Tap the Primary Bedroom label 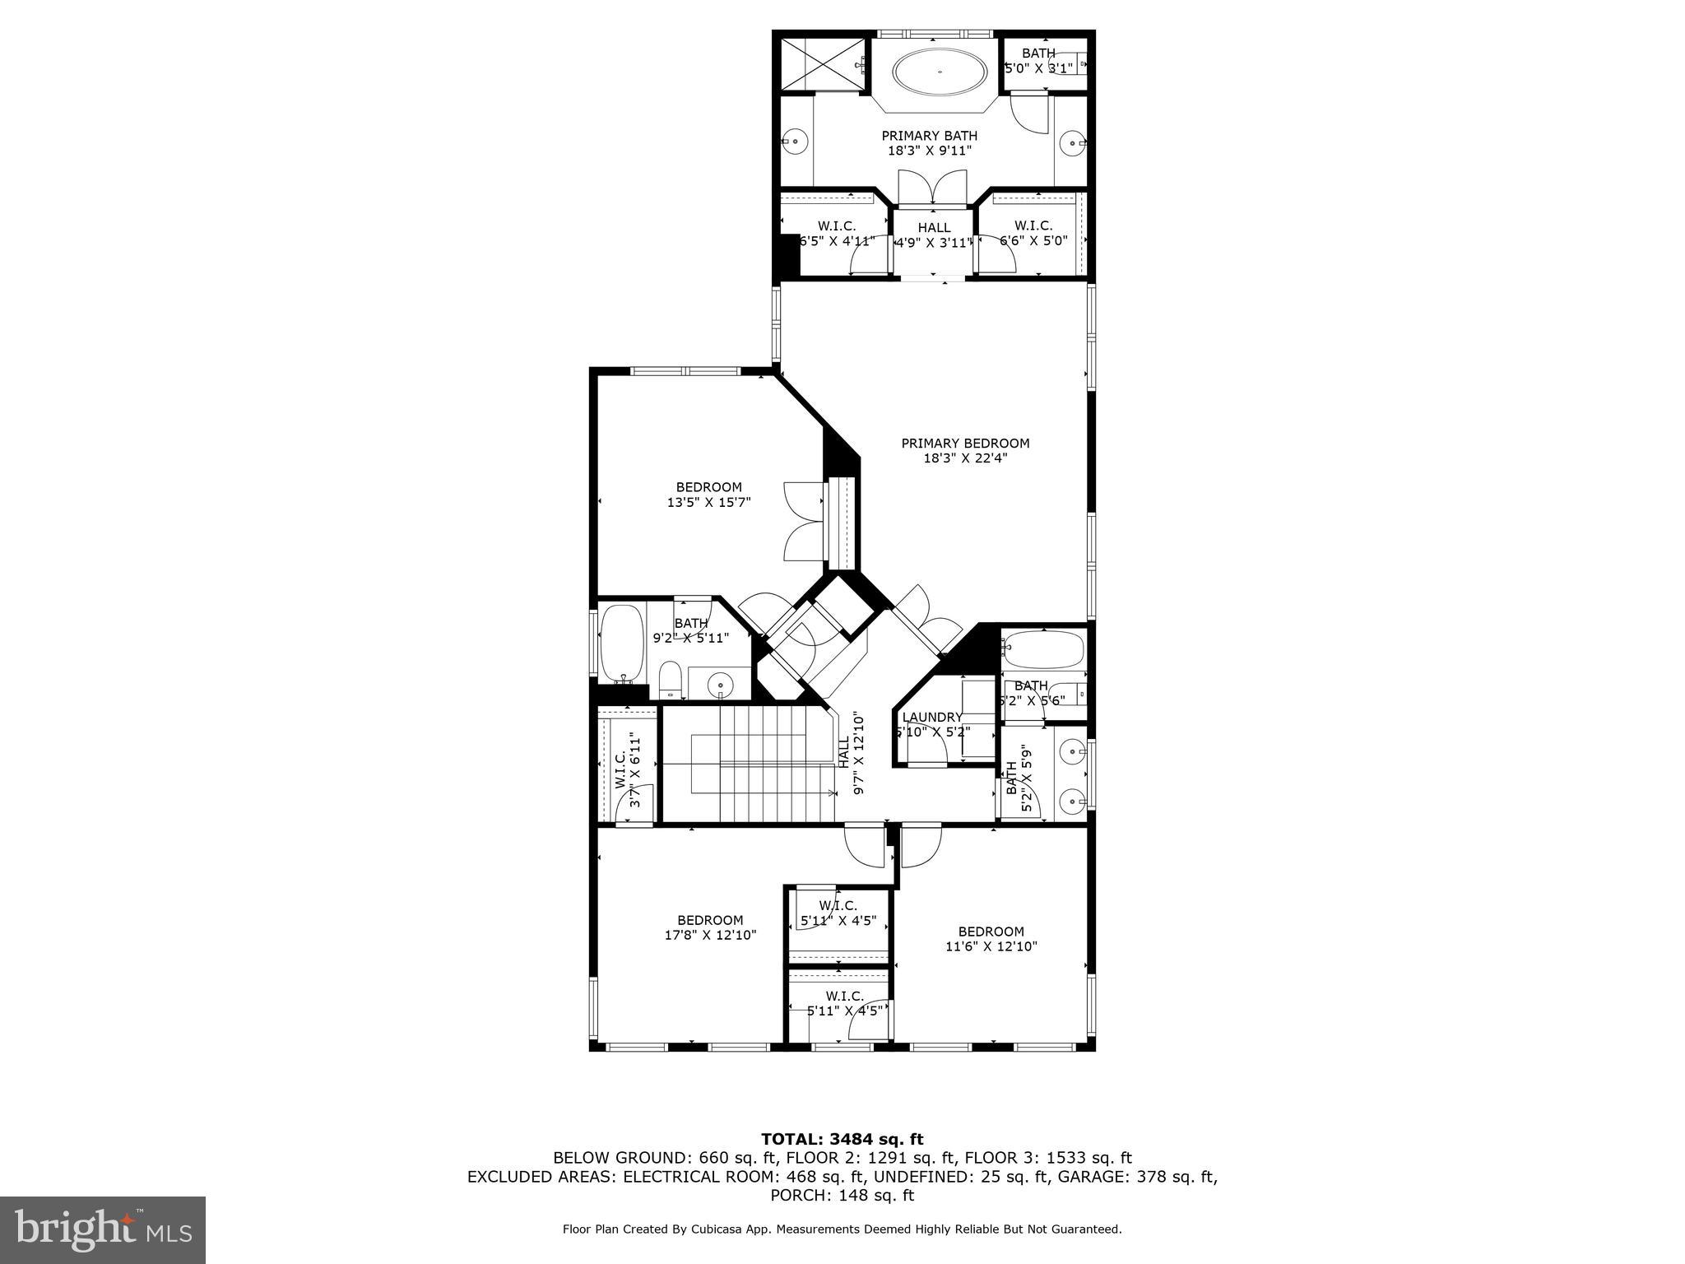[965, 444]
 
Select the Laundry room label [931, 718]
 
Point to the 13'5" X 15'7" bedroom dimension [708, 502]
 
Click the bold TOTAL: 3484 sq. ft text [842, 1139]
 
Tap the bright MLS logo [103, 1229]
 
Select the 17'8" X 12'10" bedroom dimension [710, 935]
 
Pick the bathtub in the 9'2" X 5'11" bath [621, 643]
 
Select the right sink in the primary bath [1074, 142]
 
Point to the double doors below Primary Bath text [932, 188]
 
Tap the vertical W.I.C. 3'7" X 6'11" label [627, 769]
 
